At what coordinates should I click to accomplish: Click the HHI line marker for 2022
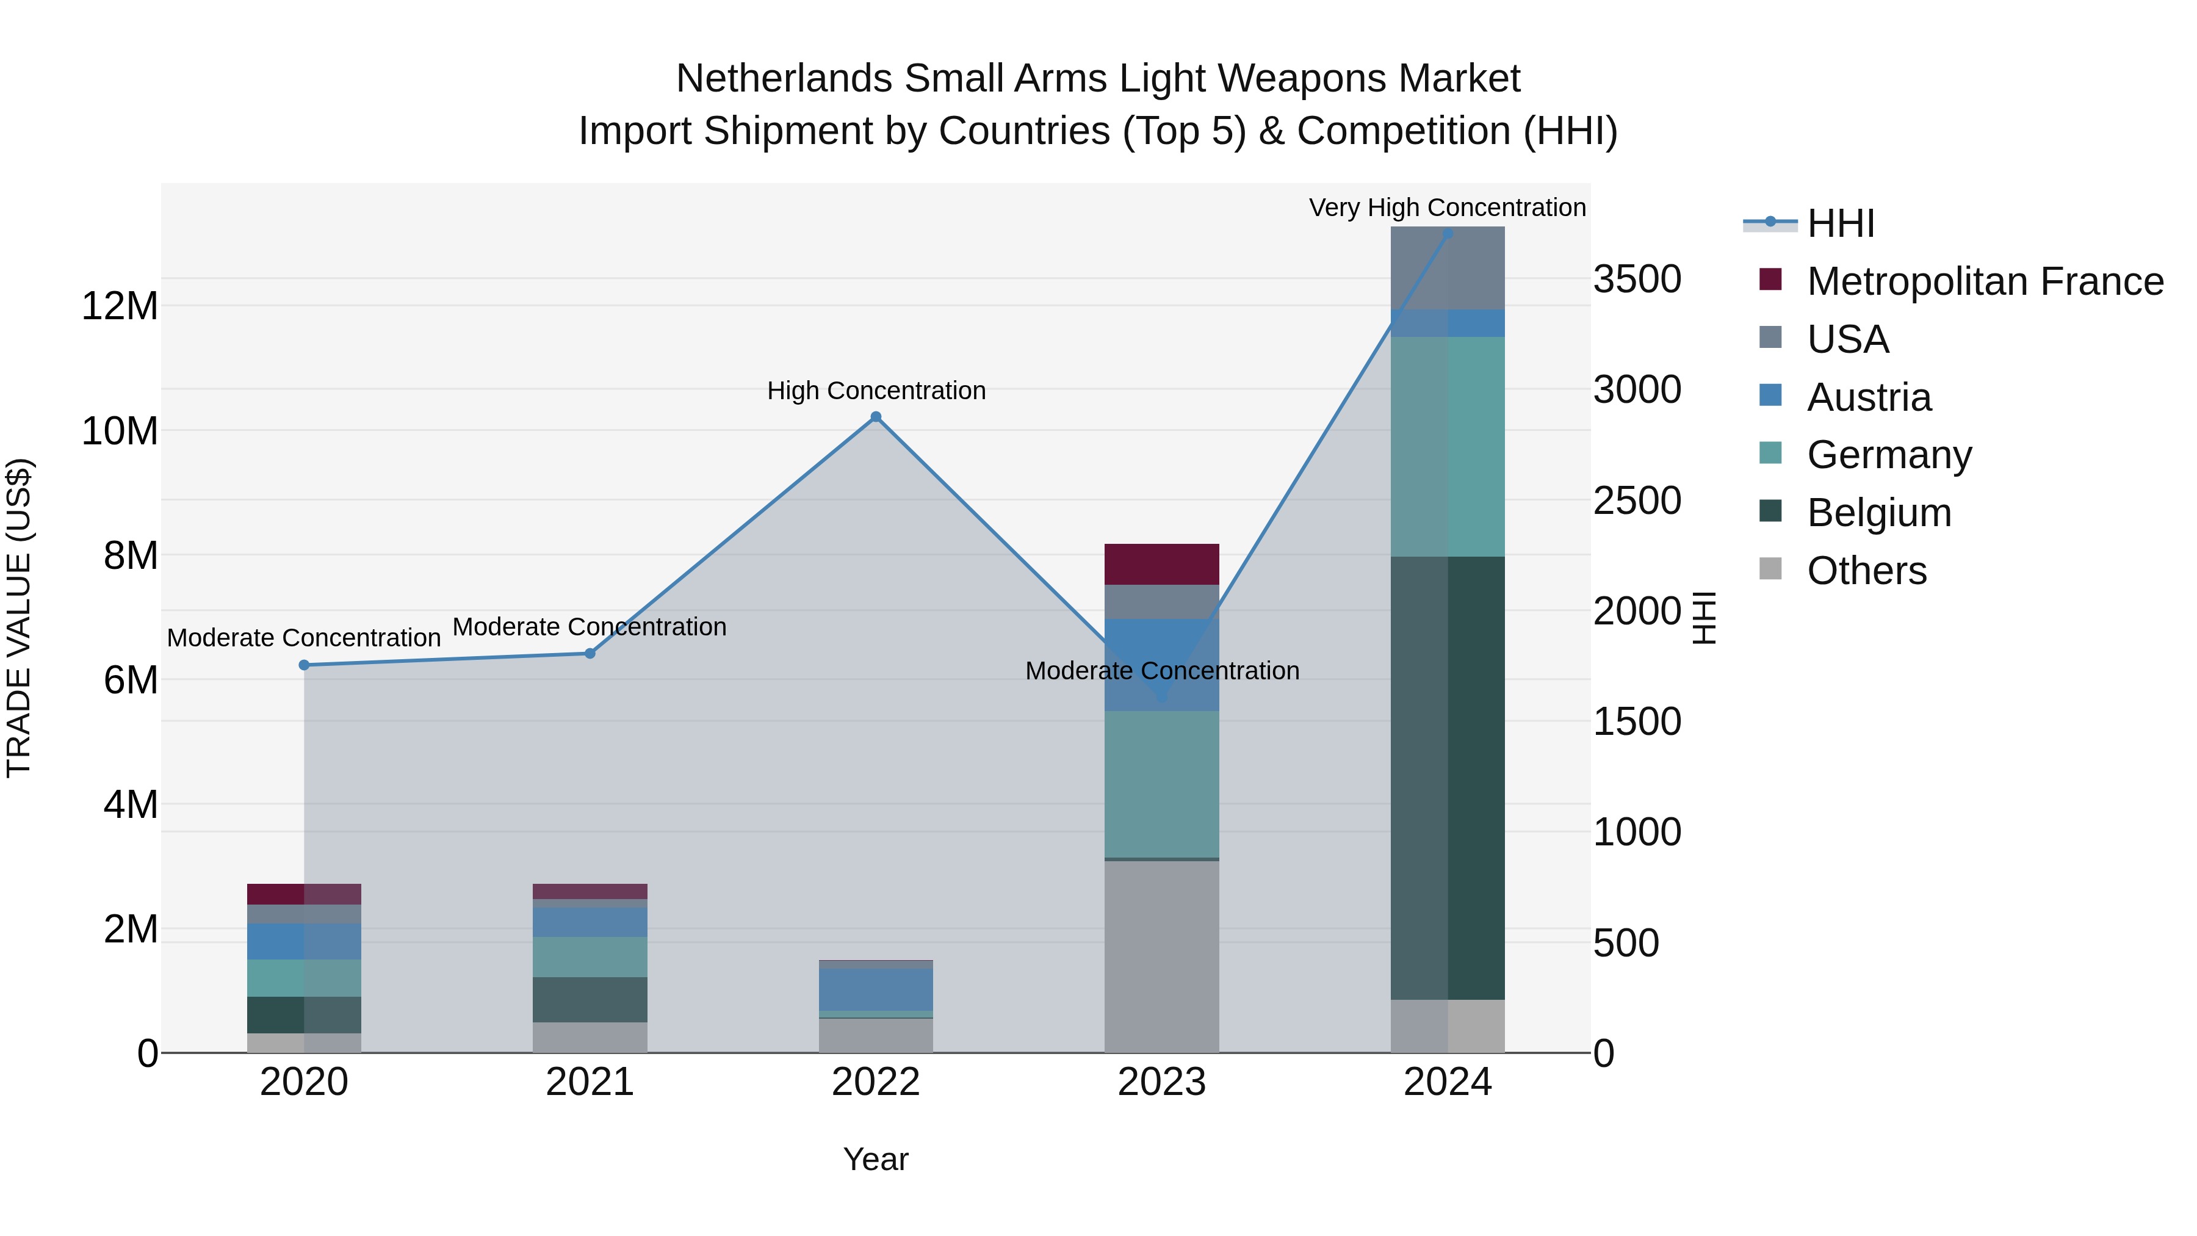tap(875, 417)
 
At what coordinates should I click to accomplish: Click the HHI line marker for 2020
tap(305, 665)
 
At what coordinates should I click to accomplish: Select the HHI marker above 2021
tap(590, 653)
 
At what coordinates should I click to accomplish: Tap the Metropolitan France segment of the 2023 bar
tap(1161, 564)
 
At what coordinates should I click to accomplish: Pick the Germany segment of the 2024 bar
tap(1448, 446)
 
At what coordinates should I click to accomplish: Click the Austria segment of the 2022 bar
tap(875, 989)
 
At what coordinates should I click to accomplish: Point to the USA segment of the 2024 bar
tap(1448, 268)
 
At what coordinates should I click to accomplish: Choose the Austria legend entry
tap(1869, 397)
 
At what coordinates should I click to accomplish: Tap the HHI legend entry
tap(1839, 223)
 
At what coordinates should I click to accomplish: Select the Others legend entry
tap(1866, 571)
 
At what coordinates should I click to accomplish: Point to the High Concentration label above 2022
tap(876, 391)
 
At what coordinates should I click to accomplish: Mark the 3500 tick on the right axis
tap(1637, 279)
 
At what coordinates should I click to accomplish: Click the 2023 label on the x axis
tap(1161, 1082)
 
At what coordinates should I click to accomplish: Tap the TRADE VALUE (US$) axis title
tap(19, 618)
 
